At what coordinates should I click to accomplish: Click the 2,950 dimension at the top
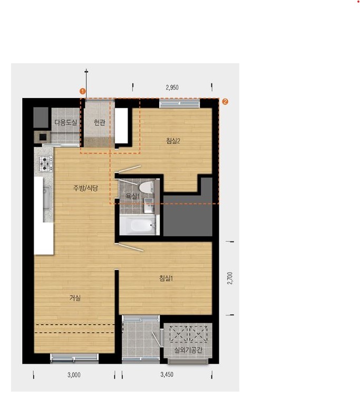[172, 87]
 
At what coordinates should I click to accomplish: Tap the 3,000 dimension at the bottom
[74, 375]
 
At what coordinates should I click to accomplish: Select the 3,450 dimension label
[167, 375]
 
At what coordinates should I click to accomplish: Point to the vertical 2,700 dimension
[230, 278]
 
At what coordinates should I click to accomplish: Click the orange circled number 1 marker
[82, 91]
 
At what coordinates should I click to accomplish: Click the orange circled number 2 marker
[225, 102]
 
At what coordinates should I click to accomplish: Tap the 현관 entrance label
[100, 123]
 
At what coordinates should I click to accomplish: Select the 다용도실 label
[66, 122]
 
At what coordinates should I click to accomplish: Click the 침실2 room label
[173, 141]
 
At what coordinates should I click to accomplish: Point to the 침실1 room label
[166, 278]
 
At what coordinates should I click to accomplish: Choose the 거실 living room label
[75, 298]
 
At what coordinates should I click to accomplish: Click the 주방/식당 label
[85, 188]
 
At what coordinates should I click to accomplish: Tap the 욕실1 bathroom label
[132, 196]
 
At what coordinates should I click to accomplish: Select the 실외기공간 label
[188, 350]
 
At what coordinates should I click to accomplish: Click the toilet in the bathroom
[146, 187]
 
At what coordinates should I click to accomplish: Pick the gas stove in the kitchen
[45, 163]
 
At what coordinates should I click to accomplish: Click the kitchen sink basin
[47, 198]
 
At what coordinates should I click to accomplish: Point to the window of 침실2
[180, 103]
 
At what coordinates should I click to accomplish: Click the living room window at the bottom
[74, 358]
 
